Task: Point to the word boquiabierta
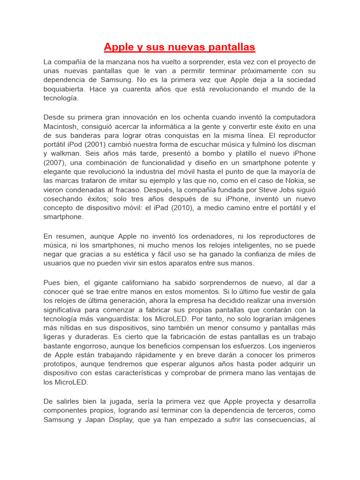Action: (67, 89)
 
